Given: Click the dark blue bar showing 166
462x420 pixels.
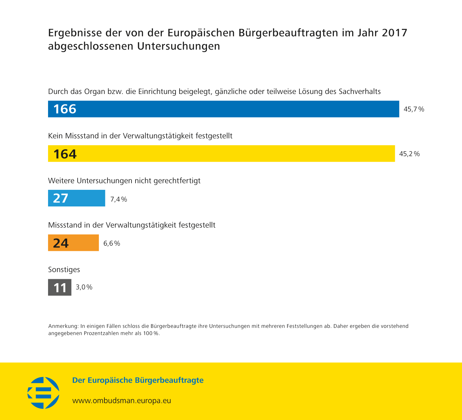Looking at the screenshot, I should tap(223, 109).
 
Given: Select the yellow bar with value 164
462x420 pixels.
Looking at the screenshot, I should tap(221, 153).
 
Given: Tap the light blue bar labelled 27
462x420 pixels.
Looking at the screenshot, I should tap(76, 198).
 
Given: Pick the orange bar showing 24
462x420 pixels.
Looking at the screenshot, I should tap(73, 243).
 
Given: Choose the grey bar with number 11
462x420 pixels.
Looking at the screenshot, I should tap(60, 287).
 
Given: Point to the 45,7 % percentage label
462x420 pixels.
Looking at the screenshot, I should tap(414, 109).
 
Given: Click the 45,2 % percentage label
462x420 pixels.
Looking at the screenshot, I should tap(409, 154).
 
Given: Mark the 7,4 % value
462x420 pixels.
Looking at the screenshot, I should tap(119, 199).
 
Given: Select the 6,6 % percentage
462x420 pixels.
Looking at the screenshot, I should tap(111, 243).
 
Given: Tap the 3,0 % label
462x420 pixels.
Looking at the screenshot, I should tap(84, 287).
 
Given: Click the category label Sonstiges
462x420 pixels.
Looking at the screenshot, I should tap(64, 270).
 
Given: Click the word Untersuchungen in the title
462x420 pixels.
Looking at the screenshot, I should tap(179, 46).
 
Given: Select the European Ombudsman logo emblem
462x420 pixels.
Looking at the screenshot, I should tap(43, 393).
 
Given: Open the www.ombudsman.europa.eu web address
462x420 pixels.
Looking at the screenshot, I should tap(122, 401).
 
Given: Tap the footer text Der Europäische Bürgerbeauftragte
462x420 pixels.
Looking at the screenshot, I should tap(138, 380).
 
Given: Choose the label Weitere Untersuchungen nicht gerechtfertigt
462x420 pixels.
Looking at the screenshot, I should tap(124, 181).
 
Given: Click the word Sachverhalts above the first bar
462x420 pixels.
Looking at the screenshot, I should tap(359, 92).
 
